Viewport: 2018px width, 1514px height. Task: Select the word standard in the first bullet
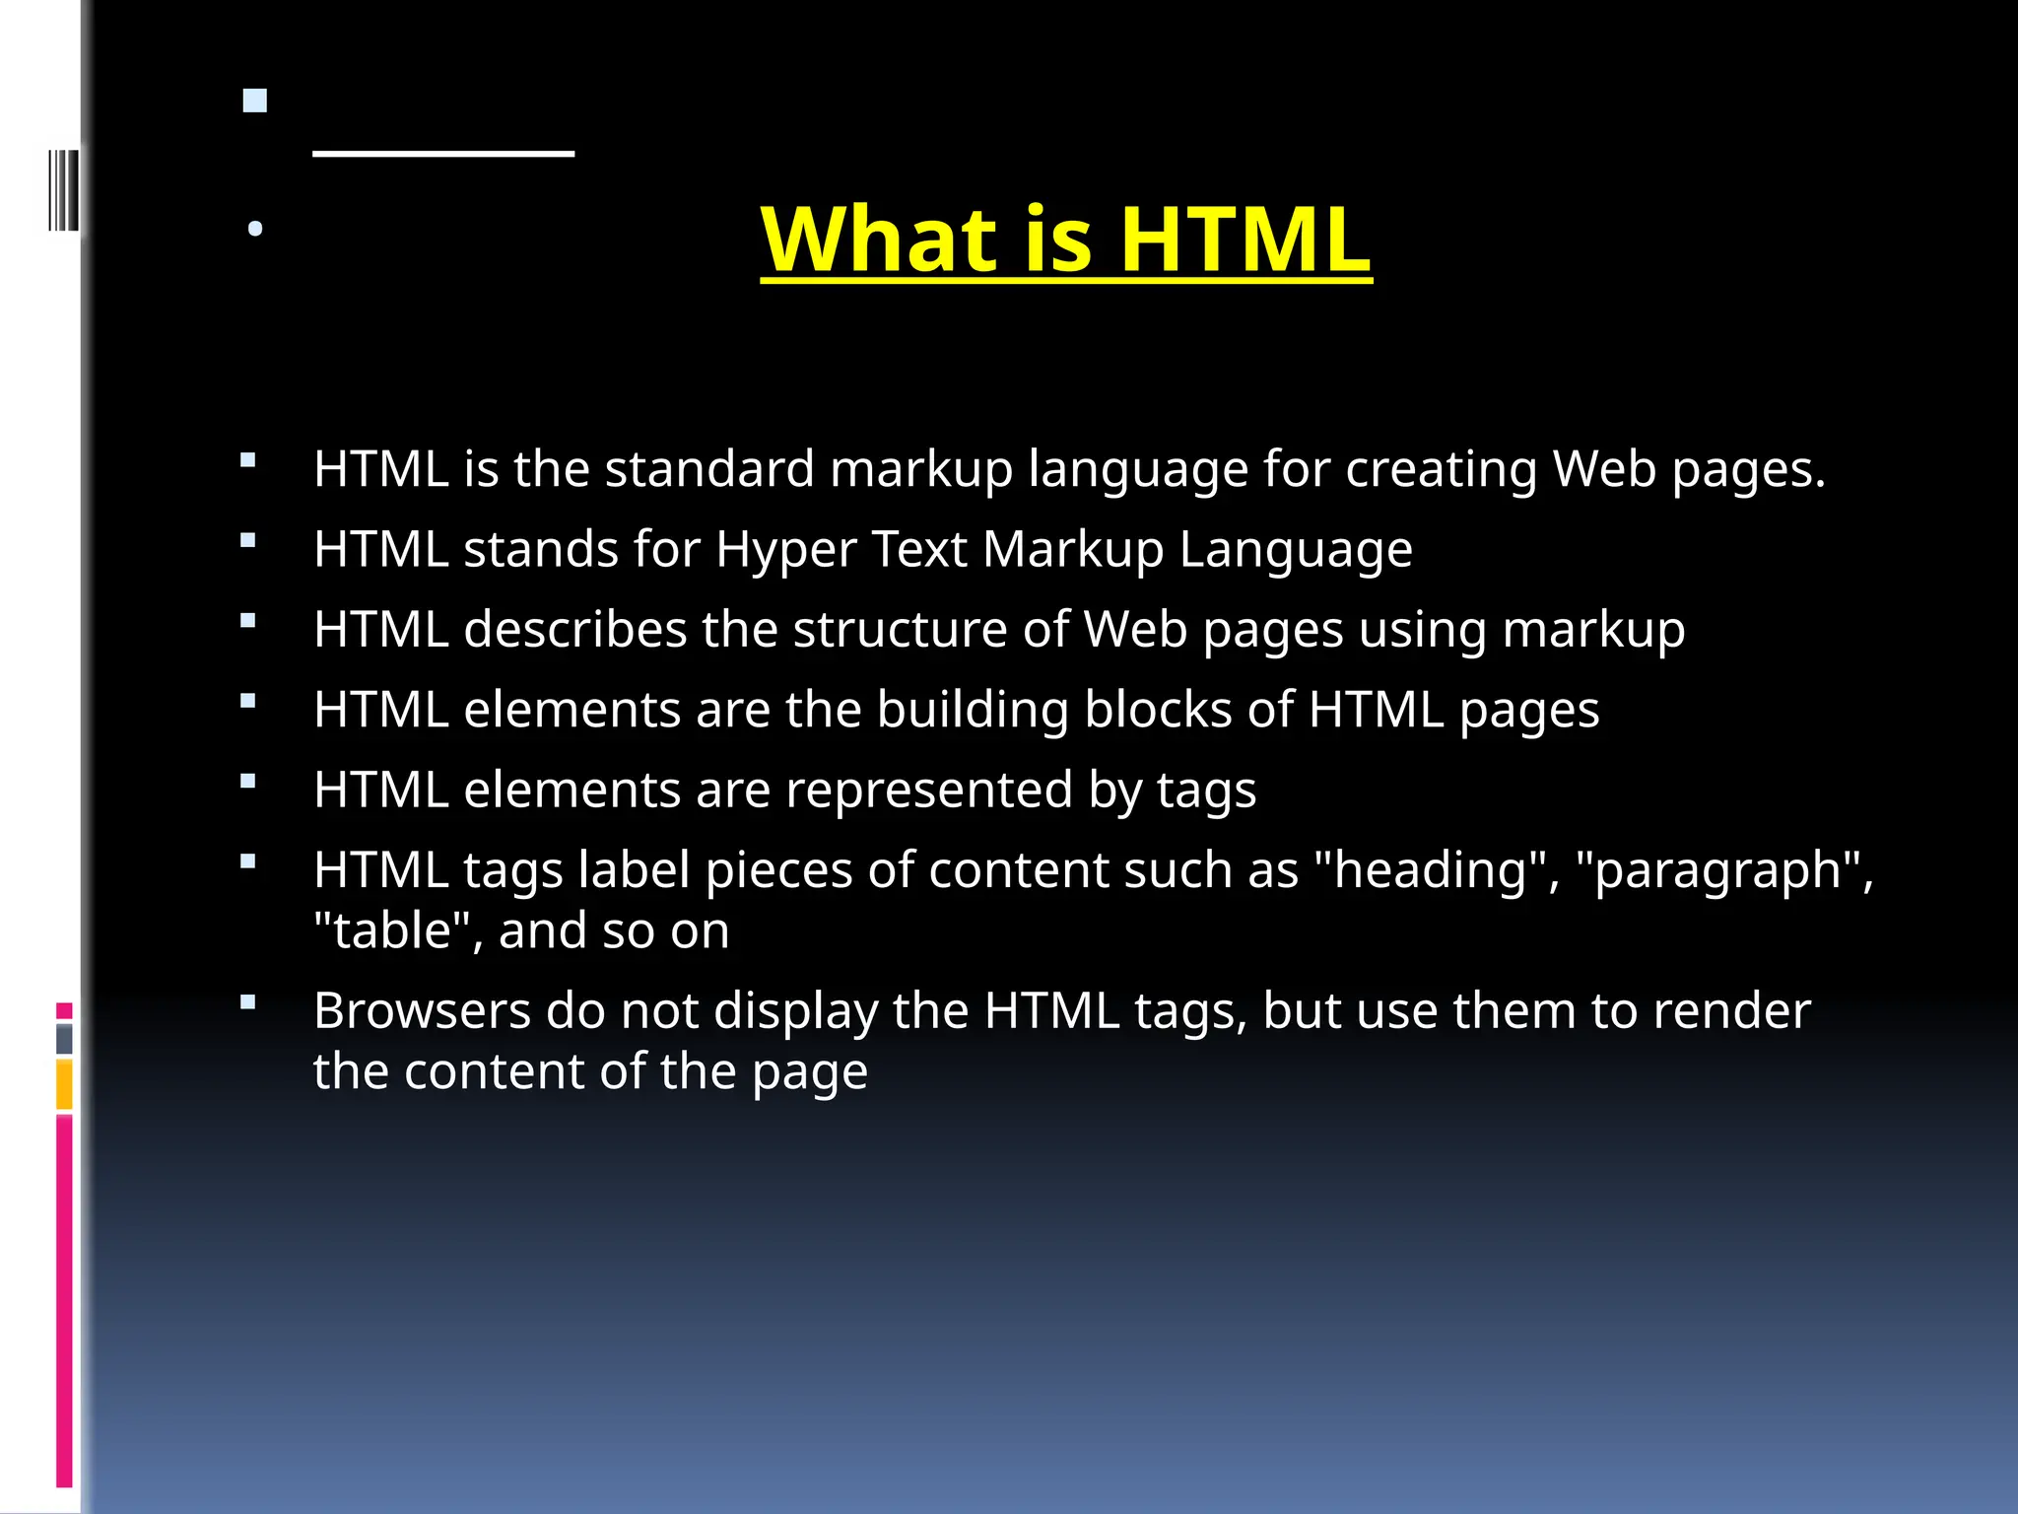pyautogui.click(x=709, y=468)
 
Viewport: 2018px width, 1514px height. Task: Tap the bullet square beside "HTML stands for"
pyautogui.click(x=248, y=540)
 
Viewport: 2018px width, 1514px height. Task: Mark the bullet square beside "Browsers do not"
pyautogui.click(x=248, y=1002)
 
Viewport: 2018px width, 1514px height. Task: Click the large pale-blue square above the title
pyautogui.click(x=255, y=101)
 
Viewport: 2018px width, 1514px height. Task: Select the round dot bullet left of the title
pyautogui.click(x=255, y=229)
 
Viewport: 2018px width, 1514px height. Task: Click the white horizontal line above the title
pyautogui.click(x=443, y=154)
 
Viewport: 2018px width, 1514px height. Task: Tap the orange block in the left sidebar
pyautogui.click(x=64, y=1084)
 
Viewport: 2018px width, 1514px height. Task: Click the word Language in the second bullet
pyautogui.click(x=1296, y=551)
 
